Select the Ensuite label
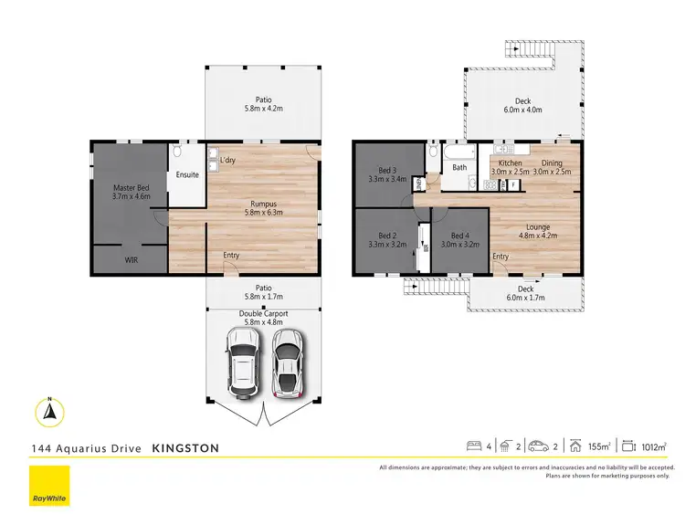pos(188,174)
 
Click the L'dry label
pos(228,161)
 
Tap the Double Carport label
pos(263,314)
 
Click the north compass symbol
pos(51,413)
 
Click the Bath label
pos(459,167)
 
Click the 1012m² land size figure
pos(653,446)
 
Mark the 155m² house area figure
pos(600,446)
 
